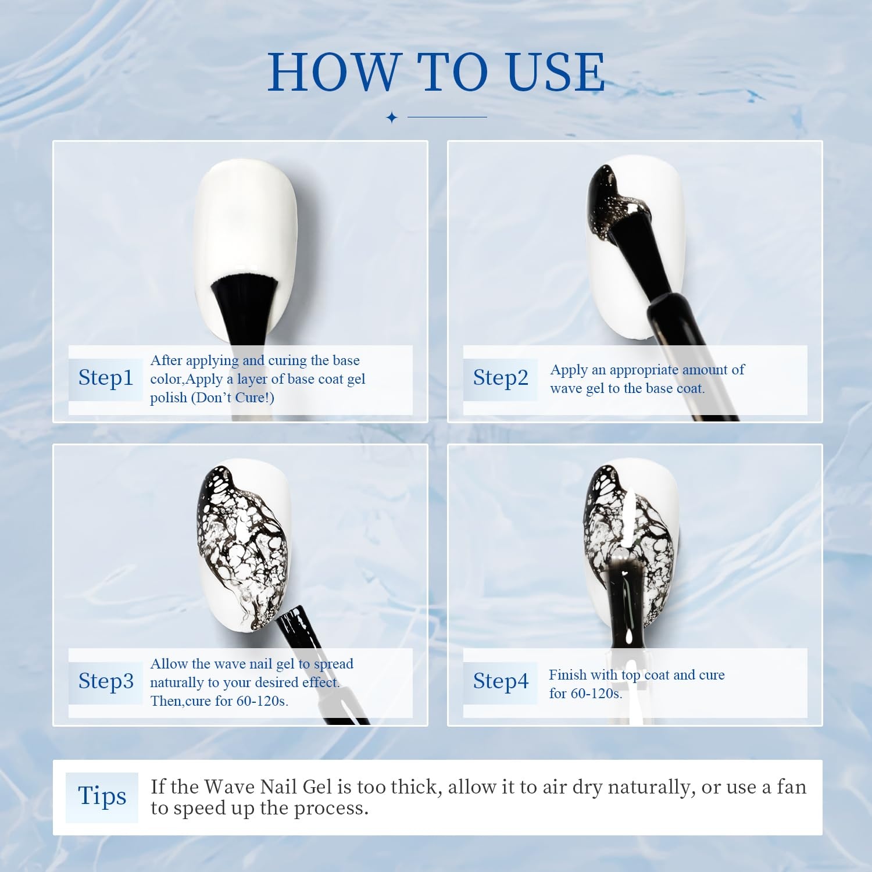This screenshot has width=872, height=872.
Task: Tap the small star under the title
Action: pyautogui.click(x=392, y=117)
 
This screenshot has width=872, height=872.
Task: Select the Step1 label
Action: pyautogui.click(x=106, y=377)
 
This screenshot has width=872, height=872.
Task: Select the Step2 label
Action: pyautogui.click(x=501, y=377)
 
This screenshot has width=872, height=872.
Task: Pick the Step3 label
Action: pyautogui.click(x=106, y=681)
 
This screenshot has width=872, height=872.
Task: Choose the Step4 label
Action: pyautogui.click(x=501, y=681)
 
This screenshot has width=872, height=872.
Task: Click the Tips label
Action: pyautogui.click(x=102, y=796)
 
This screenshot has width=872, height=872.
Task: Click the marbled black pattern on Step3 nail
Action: pyautogui.click(x=244, y=541)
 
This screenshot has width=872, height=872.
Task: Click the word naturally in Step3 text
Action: pyautogui.click(x=176, y=682)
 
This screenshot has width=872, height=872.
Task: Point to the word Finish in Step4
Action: pyautogui.click(x=567, y=675)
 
